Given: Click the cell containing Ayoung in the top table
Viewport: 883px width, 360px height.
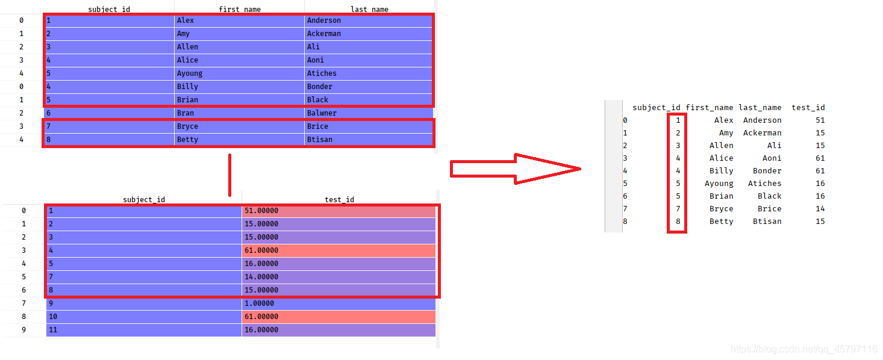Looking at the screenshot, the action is click(x=239, y=73).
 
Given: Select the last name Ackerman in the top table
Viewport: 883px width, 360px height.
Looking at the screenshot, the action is click(x=368, y=34).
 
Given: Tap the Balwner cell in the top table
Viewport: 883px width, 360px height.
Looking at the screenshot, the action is click(x=368, y=113).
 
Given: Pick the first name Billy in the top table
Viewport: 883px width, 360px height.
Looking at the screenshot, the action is click(x=239, y=87).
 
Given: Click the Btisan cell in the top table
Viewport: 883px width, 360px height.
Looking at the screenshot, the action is click(x=368, y=140).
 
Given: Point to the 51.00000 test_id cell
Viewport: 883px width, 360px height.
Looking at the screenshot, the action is click(x=339, y=211).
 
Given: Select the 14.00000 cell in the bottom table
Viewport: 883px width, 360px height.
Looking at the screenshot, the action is click(x=339, y=277).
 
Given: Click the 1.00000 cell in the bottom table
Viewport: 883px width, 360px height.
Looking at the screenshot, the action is click(x=339, y=303).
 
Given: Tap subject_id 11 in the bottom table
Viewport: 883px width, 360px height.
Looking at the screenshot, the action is click(x=144, y=330).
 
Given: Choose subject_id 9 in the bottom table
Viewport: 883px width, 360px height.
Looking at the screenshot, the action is click(x=144, y=303).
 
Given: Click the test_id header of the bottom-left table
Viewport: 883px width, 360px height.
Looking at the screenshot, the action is click(x=339, y=200).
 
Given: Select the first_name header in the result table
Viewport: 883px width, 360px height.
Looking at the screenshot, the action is click(x=709, y=108).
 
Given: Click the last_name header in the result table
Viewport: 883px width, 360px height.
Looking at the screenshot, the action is click(x=760, y=108).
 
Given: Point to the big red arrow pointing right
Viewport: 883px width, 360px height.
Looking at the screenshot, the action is click(x=515, y=169).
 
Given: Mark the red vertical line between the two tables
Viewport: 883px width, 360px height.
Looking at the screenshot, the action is click(x=229, y=175).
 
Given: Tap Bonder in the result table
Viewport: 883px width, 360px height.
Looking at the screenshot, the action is click(x=767, y=171).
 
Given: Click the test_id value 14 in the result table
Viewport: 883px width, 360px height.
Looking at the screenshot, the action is click(x=820, y=209).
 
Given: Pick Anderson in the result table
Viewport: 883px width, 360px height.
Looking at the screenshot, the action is click(x=762, y=120).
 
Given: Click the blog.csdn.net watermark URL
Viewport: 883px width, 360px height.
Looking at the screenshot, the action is click(x=803, y=349).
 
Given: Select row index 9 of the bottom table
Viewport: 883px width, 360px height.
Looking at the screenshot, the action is click(x=23, y=330).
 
